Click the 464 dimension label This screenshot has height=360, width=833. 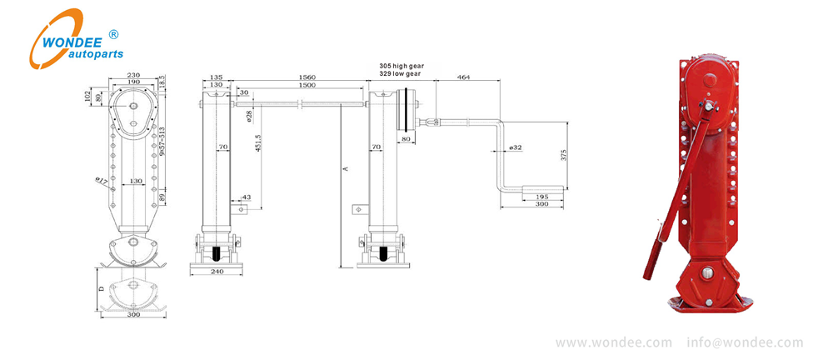click(463, 77)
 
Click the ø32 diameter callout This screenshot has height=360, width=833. click(515, 147)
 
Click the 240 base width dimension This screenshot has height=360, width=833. click(218, 272)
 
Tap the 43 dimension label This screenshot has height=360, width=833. click(245, 197)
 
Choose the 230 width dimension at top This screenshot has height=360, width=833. click(133, 76)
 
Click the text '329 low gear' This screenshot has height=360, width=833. click(400, 73)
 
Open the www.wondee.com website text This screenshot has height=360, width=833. click(613, 342)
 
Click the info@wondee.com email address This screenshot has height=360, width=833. click(745, 342)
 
